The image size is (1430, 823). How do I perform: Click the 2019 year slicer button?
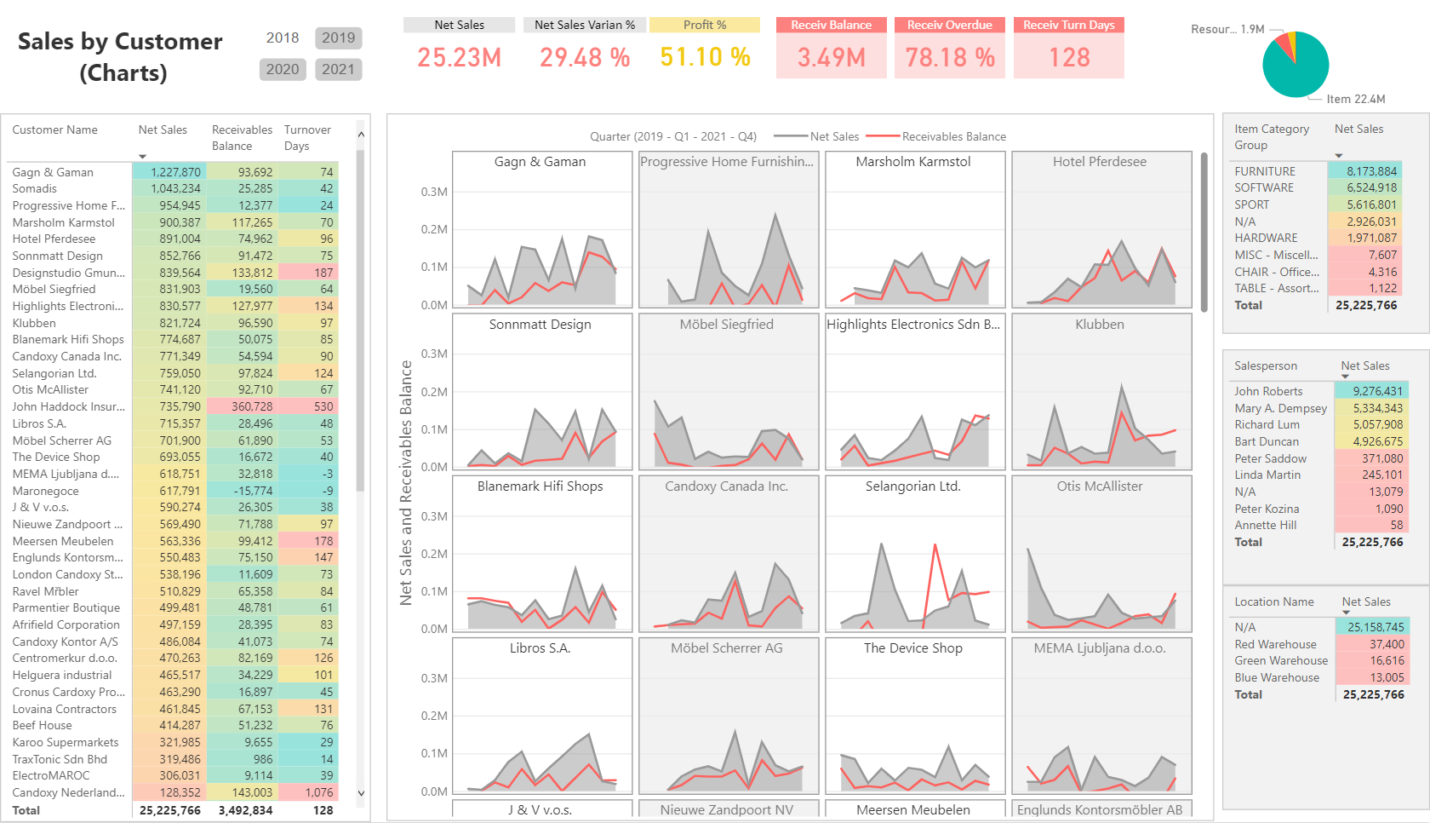click(x=338, y=37)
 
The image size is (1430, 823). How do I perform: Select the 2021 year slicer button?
click(x=338, y=69)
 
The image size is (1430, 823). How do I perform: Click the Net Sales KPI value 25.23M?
click(x=459, y=57)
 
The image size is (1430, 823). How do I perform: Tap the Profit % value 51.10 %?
click(x=705, y=57)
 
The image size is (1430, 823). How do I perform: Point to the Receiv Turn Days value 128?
click(x=1069, y=57)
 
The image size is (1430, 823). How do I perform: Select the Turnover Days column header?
click(x=307, y=137)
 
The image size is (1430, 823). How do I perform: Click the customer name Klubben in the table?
click(x=34, y=323)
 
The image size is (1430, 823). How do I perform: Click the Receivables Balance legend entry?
click(x=953, y=136)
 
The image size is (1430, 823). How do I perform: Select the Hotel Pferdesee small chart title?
click(x=1099, y=162)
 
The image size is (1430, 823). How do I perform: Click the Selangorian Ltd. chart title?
click(x=912, y=486)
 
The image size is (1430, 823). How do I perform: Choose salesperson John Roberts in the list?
click(x=1268, y=391)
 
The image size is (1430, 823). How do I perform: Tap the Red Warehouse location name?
click(x=1275, y=644)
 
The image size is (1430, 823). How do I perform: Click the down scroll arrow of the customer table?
click(x=361, y=793)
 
